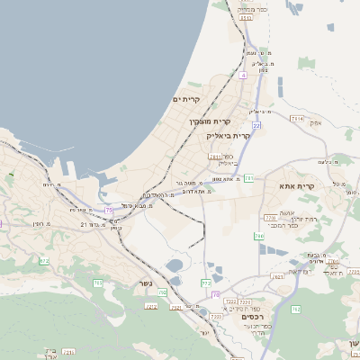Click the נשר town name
pos(146,284)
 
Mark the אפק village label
pos(314,121)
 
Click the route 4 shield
pos(243,76)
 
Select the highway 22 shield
pos(256,125)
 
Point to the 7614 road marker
pos(297,118)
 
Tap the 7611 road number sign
pos(214,156)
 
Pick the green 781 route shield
pos(248,178)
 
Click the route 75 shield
pos(109,210)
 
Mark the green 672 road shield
pos(43,261)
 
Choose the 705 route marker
pos(96,283)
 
